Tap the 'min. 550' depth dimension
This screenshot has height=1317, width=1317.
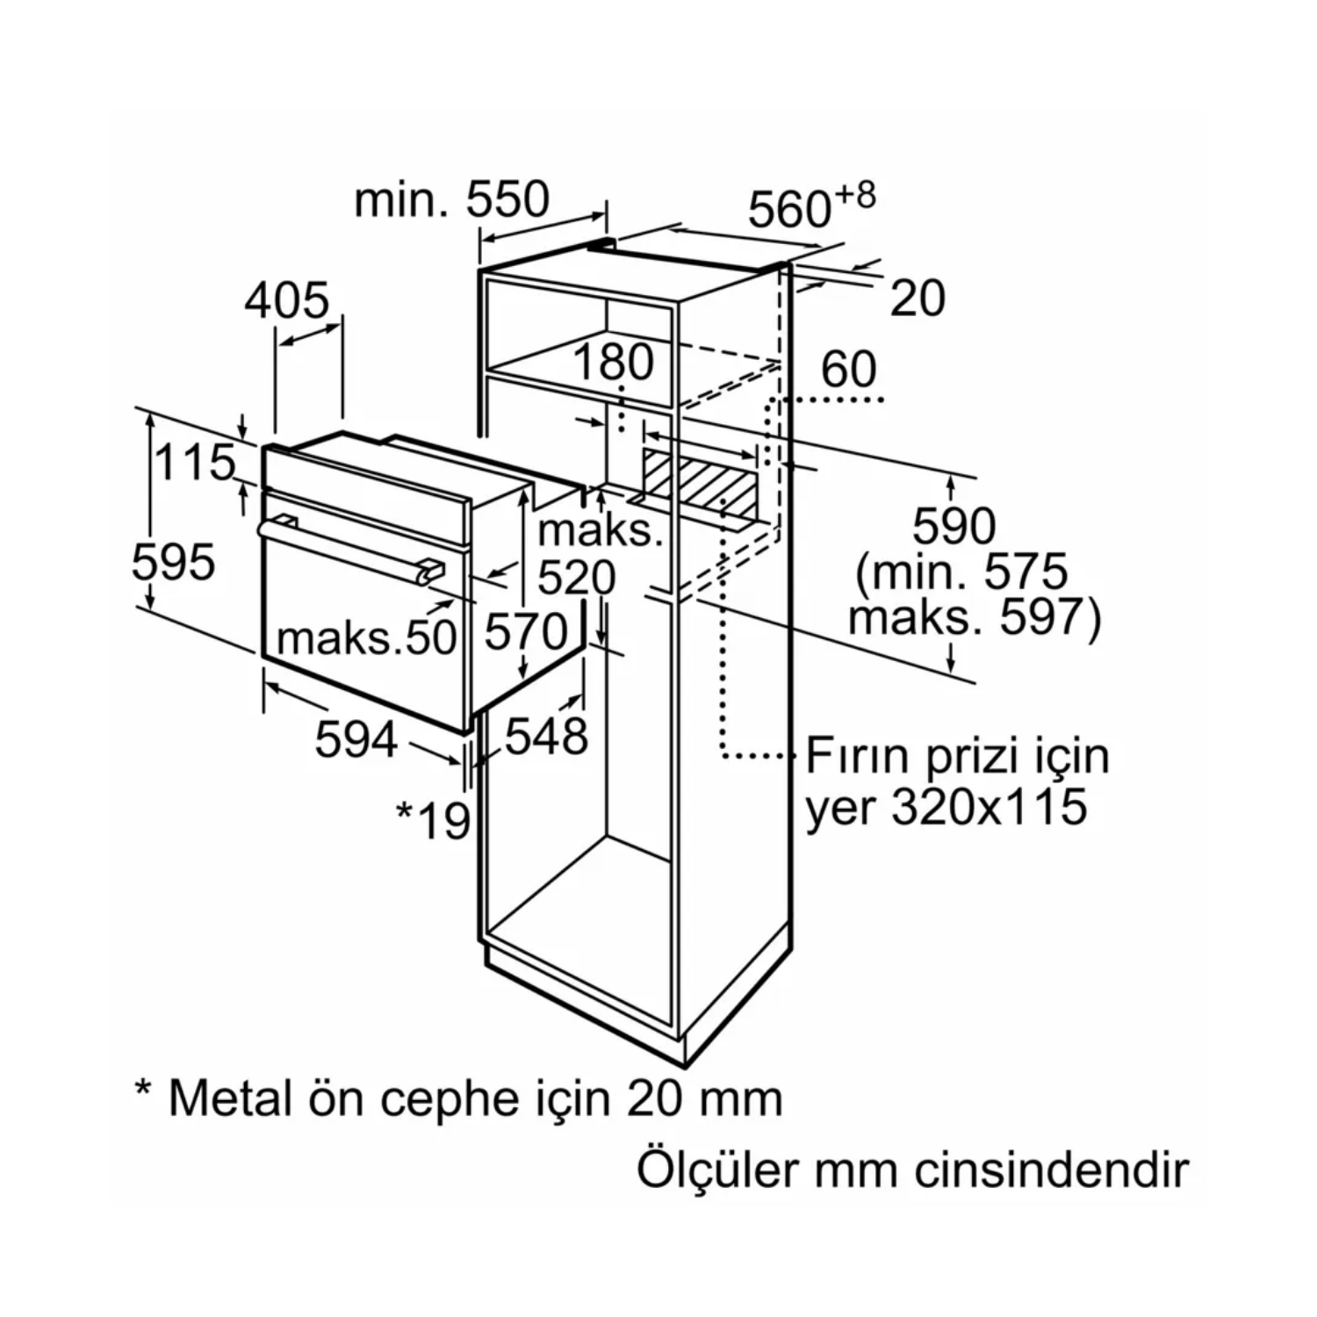pyautogui.click(x=451, y=200)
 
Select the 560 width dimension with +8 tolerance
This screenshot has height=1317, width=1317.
pyautogui.click(x=810, y=207)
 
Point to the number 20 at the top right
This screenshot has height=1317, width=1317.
pyautogui.click(x=917, y=299)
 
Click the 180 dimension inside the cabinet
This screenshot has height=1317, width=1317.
pyautogui.click(x=614, y=362)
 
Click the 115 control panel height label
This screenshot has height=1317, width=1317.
pyautogui.click(x=195, y=463)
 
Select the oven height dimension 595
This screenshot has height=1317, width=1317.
pyautogui.click(x=173, y=562)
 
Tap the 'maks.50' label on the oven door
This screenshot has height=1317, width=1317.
pyautogui.click(x=366, y=637)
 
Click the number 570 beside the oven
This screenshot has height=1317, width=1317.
pyautogui.click(x=526, y=631)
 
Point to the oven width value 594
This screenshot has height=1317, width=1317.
pyautogui.click(x=356, y=739)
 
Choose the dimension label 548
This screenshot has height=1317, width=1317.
pyautogui.click(x=545, y=736)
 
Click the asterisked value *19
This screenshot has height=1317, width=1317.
pyautogui.click(x=433, y=820)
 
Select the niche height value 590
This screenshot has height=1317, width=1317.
pyautogui.click(x=954, y=527)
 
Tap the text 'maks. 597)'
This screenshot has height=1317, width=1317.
pyautogui.click(x=973, y=617)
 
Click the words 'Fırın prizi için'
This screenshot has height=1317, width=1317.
pyautogui.click(x=957, y=756)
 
